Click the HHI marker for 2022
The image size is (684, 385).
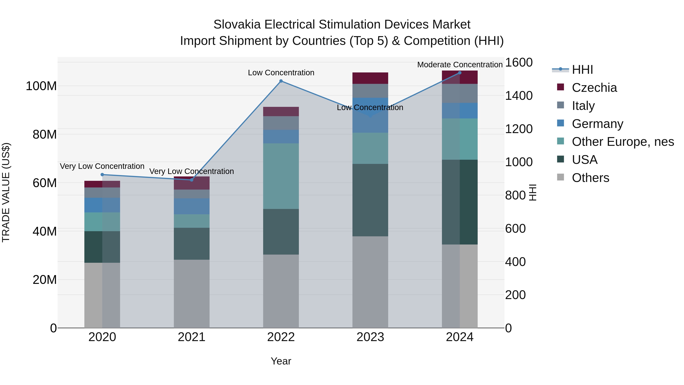pyautogui.click(x=281, y=81)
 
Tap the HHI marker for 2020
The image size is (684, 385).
pyautogui.click(x=102, y=175)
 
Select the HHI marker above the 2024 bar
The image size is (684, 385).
pyautogui.click(x=460, y=73)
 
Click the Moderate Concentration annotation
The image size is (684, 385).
pyautogui.click(x=460, y=65)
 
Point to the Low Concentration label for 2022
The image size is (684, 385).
pyautogui.click(x=281, y=73)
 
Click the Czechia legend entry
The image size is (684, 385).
pyautogui.click(x=594, y=88)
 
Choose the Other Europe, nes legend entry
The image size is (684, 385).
pyautogui.click(x=623, y=142)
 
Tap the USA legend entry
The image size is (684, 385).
pyautogui.click(x=584, y=160)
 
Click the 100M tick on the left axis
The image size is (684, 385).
pyautogui.click(x=41, y=86)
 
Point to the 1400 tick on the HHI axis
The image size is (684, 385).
pyautogui.click(x=519, y=96)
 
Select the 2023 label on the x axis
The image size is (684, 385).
pyautogui.click(x=370, y=337)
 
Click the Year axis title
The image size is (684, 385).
pyautogui.click(x=281, y=361)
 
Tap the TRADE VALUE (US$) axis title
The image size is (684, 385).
pyautogui.click(x=6, y=192)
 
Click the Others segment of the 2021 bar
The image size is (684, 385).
pyautogui.click(x=192, y=294)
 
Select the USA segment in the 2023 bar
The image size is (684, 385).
pyautogui.click(x=370, y=200)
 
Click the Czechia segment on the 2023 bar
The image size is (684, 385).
pyautogui.click(x=370, y=78)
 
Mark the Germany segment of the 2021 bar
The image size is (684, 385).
pyautogui.click(x=192, y=206)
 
